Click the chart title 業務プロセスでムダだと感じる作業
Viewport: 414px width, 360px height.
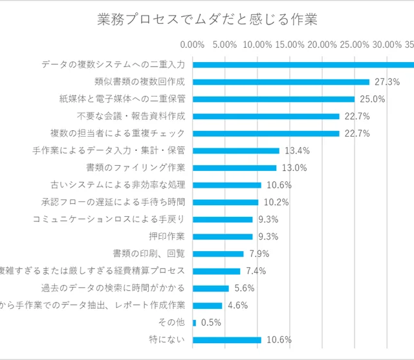(207, 20)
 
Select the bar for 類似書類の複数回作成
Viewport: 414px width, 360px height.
(281, 82)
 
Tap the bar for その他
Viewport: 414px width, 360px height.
(194, 322)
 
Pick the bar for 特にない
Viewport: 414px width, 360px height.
(226, 339)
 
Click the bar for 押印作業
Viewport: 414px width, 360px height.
(223, 236)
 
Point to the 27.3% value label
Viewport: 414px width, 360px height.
(387, 82)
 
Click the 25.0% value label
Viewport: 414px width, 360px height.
(373, 99)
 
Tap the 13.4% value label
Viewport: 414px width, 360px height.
(298, 151)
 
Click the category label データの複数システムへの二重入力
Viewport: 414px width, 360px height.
(113, 65)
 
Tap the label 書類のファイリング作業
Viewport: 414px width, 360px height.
(140, 168)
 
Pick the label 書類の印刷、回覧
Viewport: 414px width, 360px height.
(149, 253)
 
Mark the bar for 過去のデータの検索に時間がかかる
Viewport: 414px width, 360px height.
(210, 288)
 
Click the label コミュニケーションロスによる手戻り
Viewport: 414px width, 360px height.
(109, 219)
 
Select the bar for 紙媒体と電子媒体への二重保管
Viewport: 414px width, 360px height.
(274, 99)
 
